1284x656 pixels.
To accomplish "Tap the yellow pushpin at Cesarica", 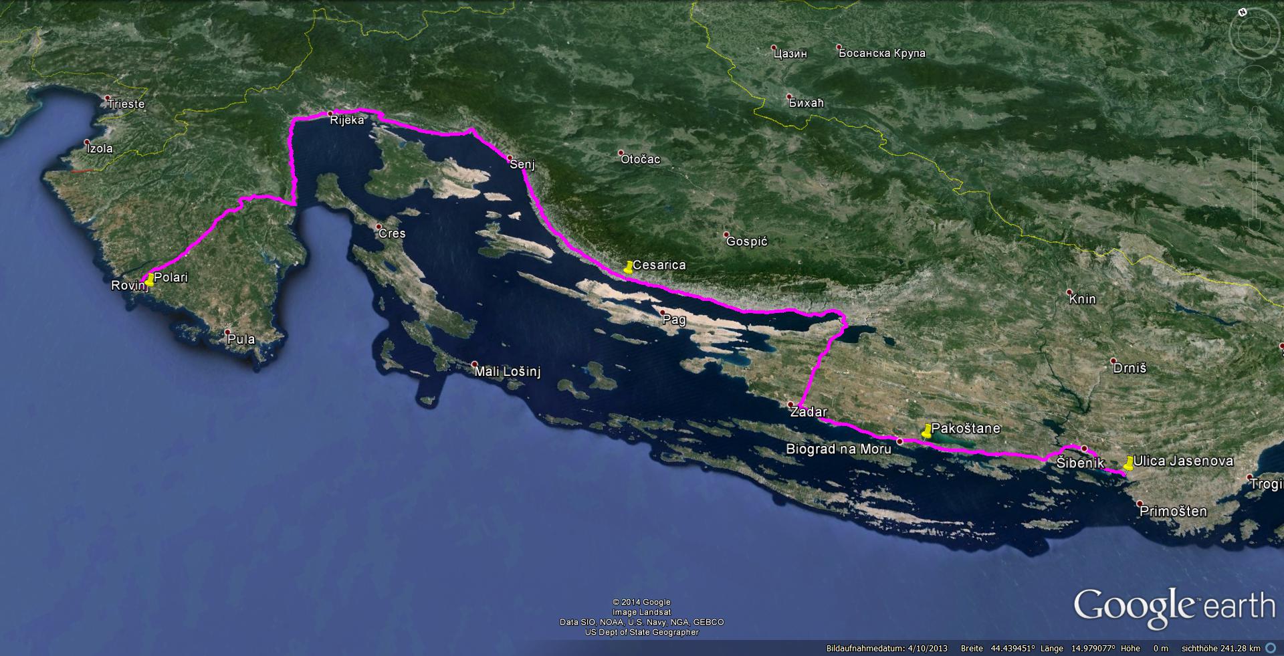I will pos(628,267).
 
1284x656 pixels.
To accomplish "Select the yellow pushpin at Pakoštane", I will pos(926,431).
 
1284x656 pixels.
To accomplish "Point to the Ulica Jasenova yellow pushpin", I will pos(1129,463).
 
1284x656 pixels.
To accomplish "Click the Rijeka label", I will pos(346,120).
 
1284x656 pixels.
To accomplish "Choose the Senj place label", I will pos(522,164).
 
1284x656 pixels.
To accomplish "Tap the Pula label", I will pos(241,339).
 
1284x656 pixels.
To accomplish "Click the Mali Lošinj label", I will pos(507,372).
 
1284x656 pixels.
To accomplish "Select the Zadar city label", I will pos(809,412).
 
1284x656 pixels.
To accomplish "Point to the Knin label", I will pos(1082,299).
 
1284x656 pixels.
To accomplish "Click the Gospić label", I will pos(746,241).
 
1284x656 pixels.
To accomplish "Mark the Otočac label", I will pos(640,159).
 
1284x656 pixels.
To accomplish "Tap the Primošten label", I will pos(1173,512).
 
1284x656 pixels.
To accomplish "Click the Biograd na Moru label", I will pos(839,449).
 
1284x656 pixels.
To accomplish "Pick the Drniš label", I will pos(1130,368).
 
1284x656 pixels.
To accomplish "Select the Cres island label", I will pos(392,233).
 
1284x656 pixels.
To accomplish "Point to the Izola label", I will pos(100,148).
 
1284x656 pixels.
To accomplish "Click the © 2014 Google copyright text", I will pos(641,603).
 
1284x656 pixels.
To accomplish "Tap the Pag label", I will pos(674,320).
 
